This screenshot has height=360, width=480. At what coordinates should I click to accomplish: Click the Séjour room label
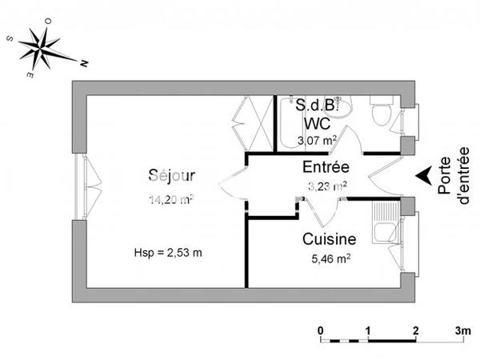[x=172, y=176]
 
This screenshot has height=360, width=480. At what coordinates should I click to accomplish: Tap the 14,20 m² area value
[x=172, y=199]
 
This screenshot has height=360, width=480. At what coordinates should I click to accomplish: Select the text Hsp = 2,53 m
[x=169, y=253]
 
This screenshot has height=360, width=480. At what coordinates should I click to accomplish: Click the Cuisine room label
[x=329, y=238]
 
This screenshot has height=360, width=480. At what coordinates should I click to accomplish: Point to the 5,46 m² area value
[x=329, y=258]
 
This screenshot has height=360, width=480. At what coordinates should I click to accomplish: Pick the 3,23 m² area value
[x=327, y=186]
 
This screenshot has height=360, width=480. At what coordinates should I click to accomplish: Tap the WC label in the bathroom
[x=316, y=124]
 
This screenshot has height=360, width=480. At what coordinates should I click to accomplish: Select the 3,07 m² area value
[x=317, y=140]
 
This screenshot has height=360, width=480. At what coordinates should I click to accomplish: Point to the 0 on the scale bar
[x=320, y=330]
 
